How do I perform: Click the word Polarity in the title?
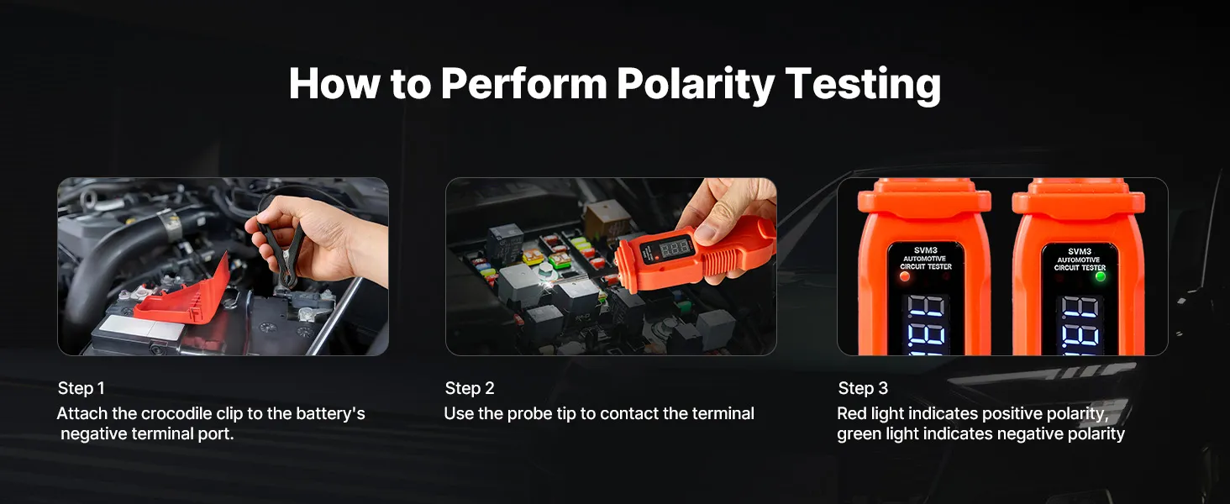695,85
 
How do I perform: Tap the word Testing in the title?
863,85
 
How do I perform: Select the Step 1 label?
81,388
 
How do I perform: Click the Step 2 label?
470,388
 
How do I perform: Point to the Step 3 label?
863,388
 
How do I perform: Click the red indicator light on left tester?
904,276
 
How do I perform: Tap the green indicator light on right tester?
1101,276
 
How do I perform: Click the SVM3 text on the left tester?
926,250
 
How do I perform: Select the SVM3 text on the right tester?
1080,251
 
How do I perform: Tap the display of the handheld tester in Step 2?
674,249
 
